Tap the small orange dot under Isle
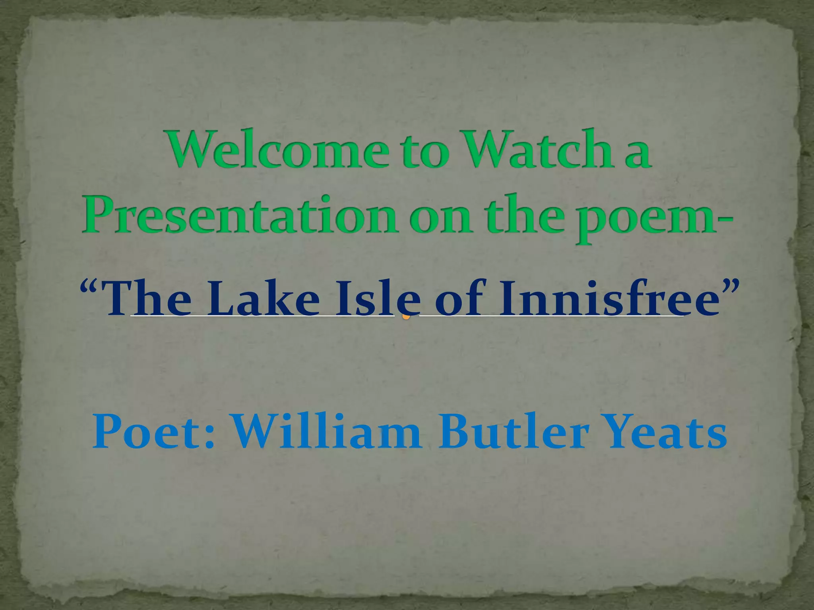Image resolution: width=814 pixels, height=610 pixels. pyautogui.click(x=406, y=317)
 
